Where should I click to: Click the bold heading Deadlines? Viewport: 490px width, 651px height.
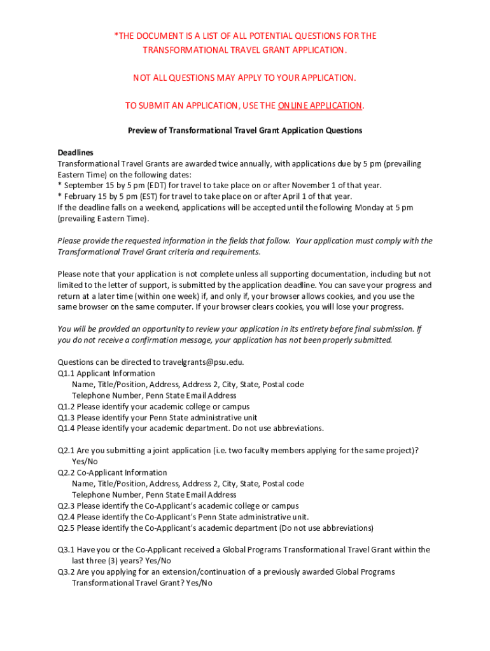[75, 153]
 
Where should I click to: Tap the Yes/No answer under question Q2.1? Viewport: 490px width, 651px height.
[85, 462]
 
